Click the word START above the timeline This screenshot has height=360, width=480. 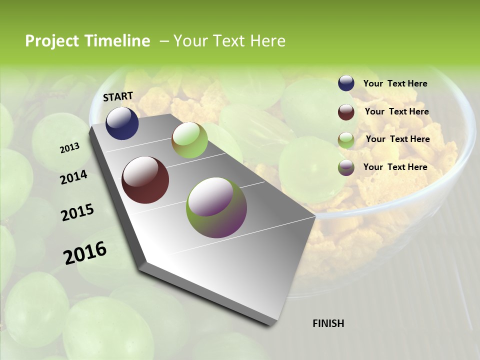(118, 96)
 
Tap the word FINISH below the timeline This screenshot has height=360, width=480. (328, 323)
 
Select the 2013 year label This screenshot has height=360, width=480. (70, 147)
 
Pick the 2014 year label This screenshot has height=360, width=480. (74, 177)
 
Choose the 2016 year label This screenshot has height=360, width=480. (85, 252)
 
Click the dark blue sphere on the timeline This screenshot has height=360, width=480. (122, 123)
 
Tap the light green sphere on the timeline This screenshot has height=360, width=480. (189, 140)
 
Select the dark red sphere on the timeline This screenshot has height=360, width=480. (145, 180)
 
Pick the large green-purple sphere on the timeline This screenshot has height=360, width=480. (216, 207)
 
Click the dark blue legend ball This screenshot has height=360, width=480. (346, 83)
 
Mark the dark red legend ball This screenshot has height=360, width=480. (346, 112)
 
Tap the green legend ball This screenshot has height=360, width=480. (346, 140)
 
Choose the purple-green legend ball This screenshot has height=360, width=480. (346, 167)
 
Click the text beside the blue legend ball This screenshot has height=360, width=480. (395, 83)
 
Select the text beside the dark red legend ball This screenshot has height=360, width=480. (396, 111)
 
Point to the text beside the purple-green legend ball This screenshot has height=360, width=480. (395, 167)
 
